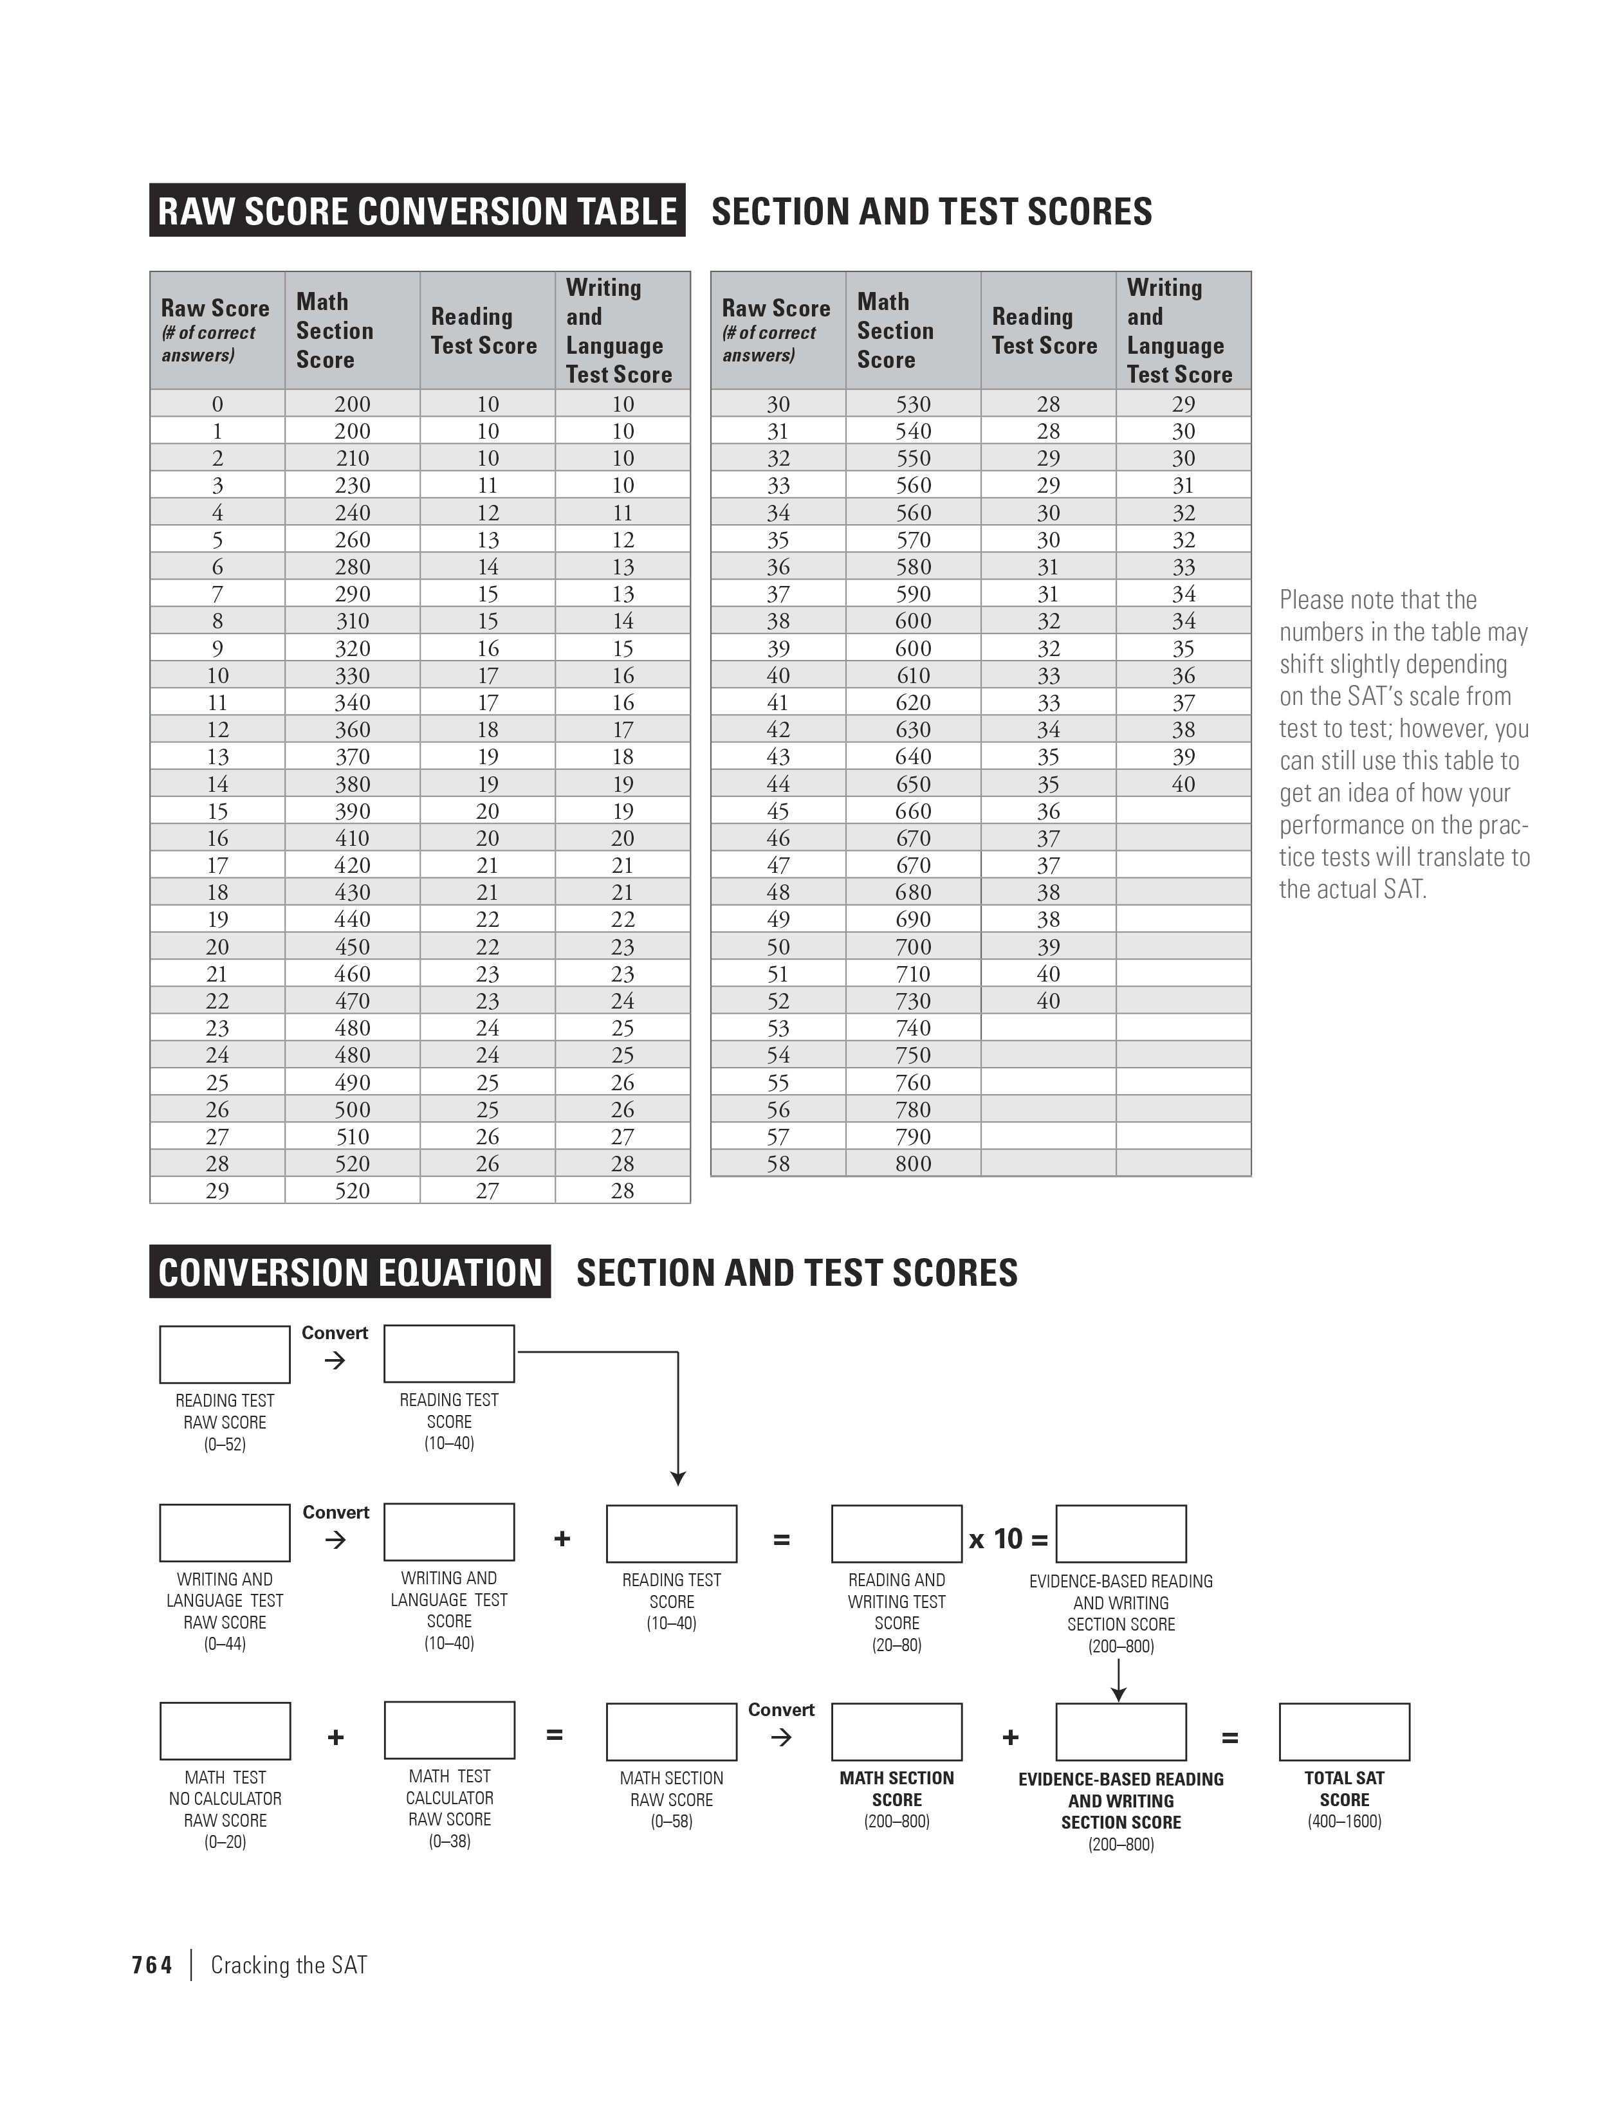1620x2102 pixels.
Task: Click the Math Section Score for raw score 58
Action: [912, 1164]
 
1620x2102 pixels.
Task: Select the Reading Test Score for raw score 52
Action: [1048, 1001]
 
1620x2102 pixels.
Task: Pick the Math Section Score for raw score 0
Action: [353, 404]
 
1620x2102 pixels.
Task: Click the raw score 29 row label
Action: [217, 1191]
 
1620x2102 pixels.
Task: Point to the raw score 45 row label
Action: [778, 811]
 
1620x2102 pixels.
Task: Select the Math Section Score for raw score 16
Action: [353, 838]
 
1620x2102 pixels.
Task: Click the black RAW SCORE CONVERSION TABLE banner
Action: [417, 211]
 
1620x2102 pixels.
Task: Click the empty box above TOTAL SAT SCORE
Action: [1344, 1732]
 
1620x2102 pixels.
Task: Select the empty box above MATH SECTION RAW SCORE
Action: [671, 1732]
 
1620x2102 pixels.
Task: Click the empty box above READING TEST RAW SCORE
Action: [225, 1354]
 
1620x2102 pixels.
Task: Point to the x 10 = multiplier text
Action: [1008, 1539]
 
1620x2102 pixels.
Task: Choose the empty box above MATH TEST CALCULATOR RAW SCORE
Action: [448, 1730]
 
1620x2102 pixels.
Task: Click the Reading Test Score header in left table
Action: [483, 331]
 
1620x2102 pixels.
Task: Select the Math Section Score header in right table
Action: [895, 331]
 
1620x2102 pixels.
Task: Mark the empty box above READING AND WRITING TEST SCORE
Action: [896, 1533]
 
